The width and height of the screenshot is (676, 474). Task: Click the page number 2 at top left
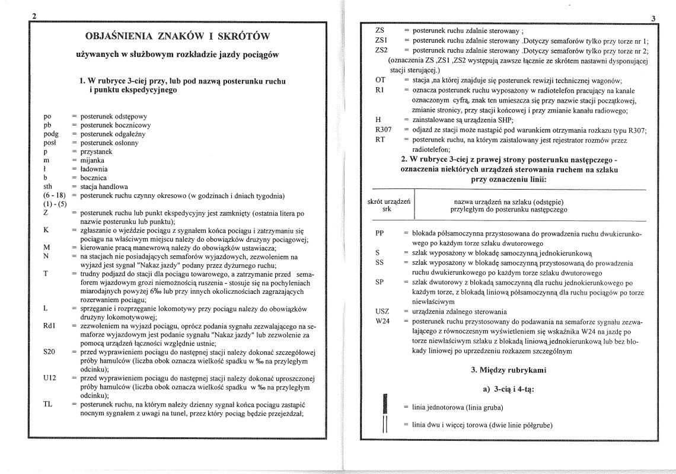click(34, 16)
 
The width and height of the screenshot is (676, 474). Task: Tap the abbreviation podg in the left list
click(52, 134)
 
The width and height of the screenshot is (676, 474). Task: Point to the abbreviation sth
click(48, 186)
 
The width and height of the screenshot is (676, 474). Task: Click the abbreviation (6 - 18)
click(54, 196)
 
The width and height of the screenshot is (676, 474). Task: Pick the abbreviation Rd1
click(50, 326)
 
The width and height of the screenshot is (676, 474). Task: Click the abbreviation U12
click(50, 378)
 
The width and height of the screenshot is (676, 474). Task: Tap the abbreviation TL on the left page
click(49, 404)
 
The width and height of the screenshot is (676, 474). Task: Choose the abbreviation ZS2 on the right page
click(381, 50)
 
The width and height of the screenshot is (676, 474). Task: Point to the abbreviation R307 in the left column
click(384, 130)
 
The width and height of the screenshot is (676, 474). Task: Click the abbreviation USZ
click(382, 312)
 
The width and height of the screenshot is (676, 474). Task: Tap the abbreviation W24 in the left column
click(382, 321)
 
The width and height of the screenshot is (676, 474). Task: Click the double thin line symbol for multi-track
click(385, 425)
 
